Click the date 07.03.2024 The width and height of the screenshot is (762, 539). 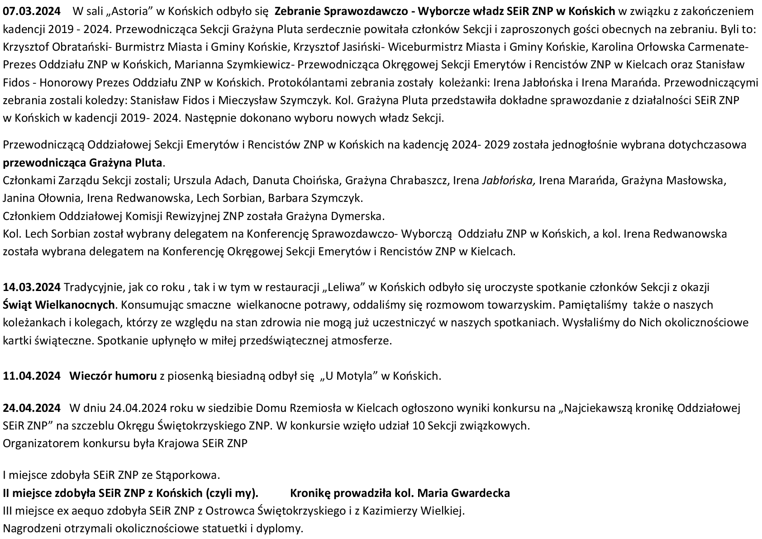point(32,10)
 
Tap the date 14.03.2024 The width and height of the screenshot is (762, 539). point(32,287)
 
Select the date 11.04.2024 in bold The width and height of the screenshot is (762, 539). point(32,376)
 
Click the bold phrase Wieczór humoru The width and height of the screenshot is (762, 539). point(113,376)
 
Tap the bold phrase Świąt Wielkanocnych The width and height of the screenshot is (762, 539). point(59,305)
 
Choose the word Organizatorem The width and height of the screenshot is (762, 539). point(41,443)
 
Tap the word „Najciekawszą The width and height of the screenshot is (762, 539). point(595,408)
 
